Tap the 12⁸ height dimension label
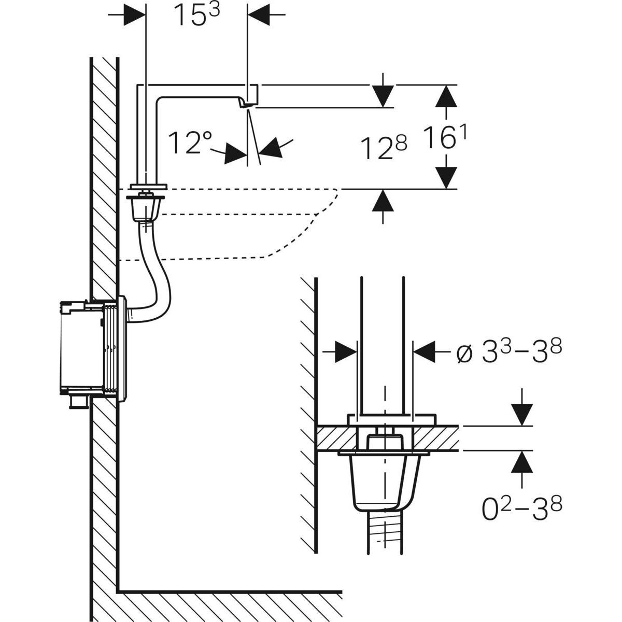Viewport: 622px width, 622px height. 384,149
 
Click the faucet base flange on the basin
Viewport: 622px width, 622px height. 149,187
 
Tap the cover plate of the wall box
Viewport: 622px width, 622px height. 122,349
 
